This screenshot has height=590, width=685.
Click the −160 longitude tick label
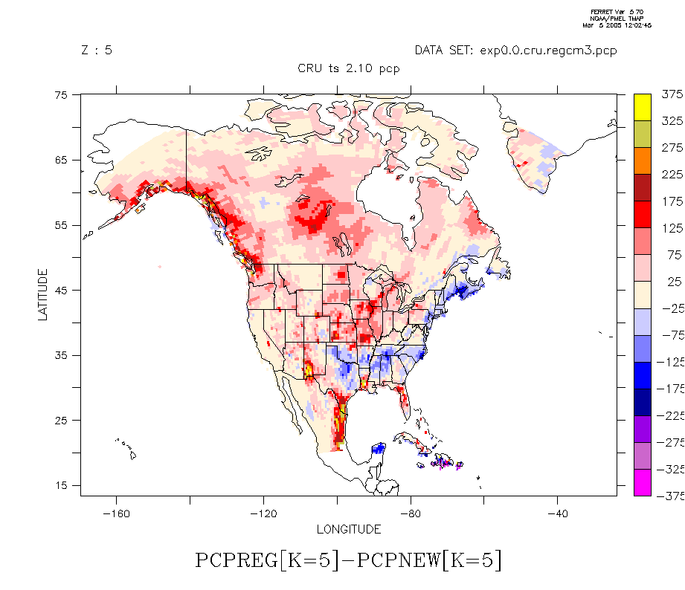click(115, 513)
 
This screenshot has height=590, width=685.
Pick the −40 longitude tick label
click(557, 513)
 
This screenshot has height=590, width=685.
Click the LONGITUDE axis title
click(349, 530)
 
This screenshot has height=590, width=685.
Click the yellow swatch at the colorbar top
click(643, 107)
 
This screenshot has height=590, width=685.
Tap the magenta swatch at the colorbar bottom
click(643, 483)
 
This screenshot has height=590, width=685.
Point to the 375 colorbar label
click(672, 94)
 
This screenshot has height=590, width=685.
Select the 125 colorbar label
click(672, 228)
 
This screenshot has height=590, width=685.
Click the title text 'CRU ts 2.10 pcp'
click(349, 69)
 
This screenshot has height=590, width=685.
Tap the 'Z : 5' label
click(97, 51)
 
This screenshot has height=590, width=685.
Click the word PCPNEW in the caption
click(398, 560)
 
